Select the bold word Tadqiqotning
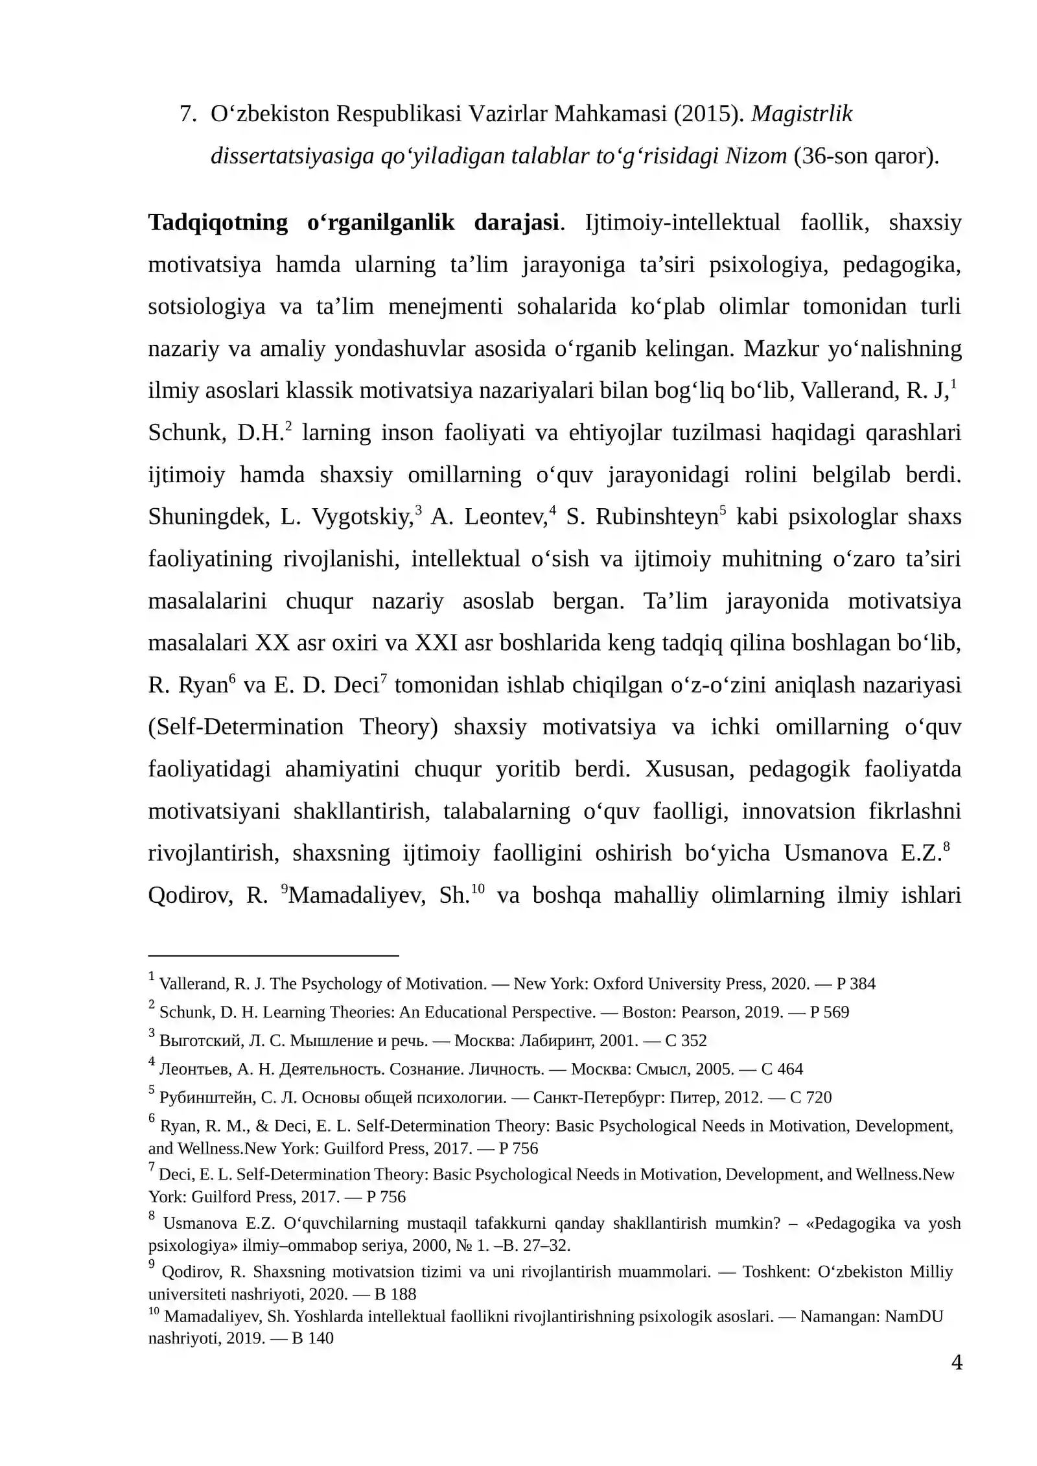(x=218, y=222)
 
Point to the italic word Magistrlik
(x=802, y=114)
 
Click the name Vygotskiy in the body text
(x=362, y=517)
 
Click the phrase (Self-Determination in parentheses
(x=246, y=727)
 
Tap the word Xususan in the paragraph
(x=689, y=769)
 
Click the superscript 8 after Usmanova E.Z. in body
(x=946, y=846)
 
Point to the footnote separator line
(x=273, y=955)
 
